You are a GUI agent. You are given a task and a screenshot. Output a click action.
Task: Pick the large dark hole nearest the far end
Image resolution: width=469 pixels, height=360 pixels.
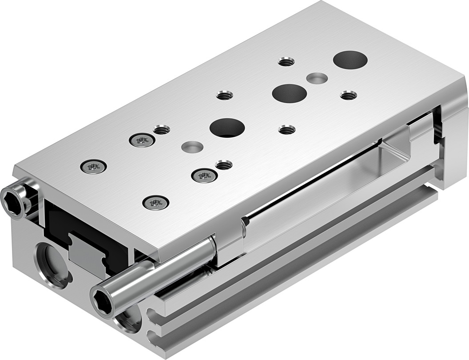(350, 60)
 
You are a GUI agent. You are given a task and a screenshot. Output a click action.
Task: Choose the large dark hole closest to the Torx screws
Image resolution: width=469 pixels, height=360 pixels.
(227, 128)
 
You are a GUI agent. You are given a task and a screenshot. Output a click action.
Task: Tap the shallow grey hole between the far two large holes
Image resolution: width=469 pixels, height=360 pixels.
(317, 78)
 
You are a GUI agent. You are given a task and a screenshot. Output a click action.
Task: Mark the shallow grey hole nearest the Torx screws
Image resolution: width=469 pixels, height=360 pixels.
(192, 146)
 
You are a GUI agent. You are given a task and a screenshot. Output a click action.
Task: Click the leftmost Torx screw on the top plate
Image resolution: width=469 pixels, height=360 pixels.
(93, 167)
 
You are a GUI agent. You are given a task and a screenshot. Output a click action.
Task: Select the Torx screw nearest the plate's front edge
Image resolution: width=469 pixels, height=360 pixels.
(155, 203)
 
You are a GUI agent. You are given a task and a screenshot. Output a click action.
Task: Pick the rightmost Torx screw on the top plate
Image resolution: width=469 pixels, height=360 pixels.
(204, 176)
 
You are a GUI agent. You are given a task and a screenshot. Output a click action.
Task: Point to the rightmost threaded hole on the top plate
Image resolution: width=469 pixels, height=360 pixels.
(349, 95)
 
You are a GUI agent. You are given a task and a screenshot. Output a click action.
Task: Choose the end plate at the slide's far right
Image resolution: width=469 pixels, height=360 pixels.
(451, 142)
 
